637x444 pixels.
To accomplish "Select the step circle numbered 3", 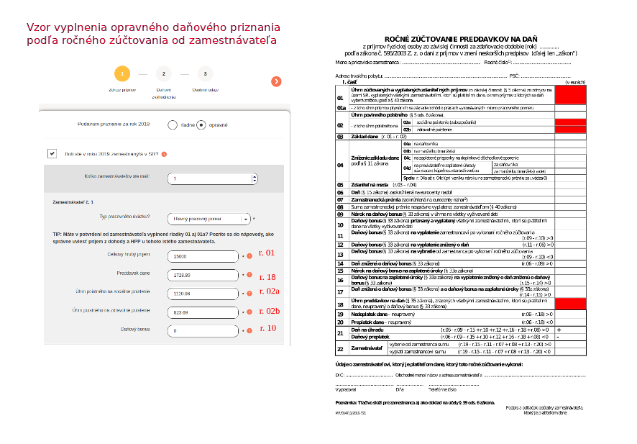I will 205,73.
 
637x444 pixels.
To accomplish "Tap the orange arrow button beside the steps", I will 276,81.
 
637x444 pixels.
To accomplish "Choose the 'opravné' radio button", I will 201,124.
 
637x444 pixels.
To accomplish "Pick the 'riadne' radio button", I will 173,124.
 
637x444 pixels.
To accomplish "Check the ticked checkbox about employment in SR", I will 52,153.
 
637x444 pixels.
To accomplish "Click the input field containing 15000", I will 202,256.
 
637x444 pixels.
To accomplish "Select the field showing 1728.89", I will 202,275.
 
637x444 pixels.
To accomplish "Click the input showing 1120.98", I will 202,294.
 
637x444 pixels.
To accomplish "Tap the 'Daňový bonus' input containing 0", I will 202,330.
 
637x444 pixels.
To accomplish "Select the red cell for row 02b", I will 571,130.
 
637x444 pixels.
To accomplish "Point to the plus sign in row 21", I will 558,329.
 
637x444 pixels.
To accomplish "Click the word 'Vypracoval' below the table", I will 346,389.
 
